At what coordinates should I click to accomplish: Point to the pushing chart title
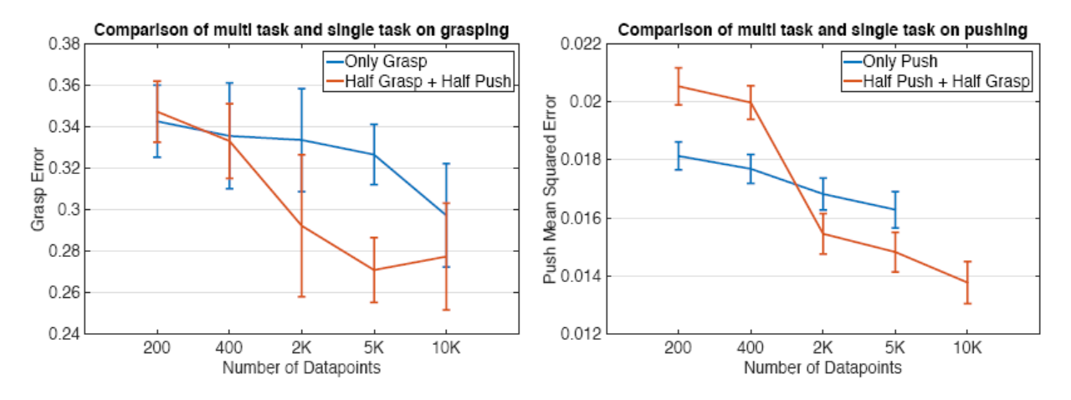[822, 30]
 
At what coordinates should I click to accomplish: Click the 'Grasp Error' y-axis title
[37, 189]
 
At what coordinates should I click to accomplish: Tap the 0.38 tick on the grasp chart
[64, 44]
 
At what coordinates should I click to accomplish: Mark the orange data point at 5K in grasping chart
[373, 270]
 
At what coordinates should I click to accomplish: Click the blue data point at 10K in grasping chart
[446, 215]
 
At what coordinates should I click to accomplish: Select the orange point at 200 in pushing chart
[679, 86]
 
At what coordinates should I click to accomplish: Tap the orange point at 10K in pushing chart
[967, 283]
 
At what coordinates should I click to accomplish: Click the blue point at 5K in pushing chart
[895, 209]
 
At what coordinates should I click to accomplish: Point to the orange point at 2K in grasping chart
[300, 226]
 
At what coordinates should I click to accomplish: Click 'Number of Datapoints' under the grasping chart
[300, 367]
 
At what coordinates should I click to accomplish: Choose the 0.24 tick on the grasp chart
[64, 334]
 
